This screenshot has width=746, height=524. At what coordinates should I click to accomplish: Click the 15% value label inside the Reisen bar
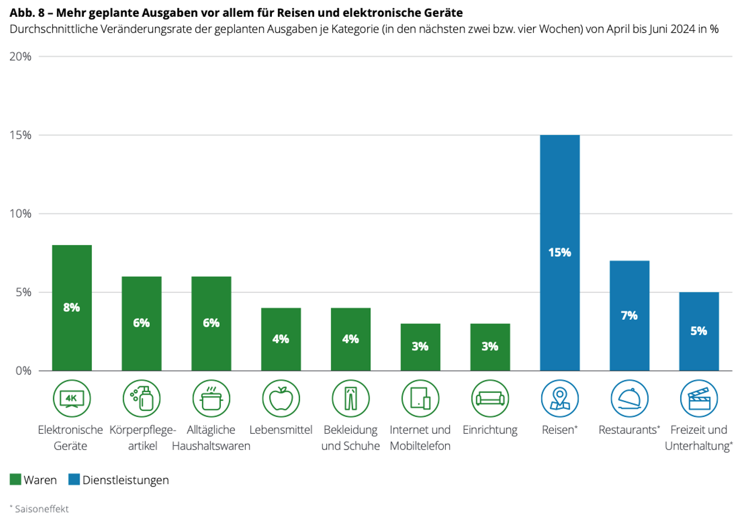[559, 252]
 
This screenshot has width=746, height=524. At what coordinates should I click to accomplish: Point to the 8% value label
[72, 307]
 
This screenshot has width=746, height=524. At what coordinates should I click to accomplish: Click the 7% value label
[629, 315]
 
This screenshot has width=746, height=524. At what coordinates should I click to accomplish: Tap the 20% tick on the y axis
[20, 57]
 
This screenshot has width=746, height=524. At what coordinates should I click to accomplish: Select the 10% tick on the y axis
[20, 214]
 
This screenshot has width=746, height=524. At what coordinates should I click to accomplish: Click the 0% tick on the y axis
[23, 371]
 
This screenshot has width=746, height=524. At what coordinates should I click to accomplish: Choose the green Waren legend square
[15, 479]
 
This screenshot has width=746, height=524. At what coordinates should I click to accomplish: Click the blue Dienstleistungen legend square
[74, 479]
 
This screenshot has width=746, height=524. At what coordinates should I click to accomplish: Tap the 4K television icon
[72, 398]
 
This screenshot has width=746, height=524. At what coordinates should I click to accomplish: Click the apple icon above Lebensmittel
[281, 398]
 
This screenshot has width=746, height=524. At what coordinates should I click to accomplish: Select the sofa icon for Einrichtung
[490, 398]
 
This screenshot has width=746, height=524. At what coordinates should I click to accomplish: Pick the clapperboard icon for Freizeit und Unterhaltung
[699, 398]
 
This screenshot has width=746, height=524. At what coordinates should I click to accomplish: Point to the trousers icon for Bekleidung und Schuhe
[351, 398]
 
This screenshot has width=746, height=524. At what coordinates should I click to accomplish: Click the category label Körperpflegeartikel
[142, 438]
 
